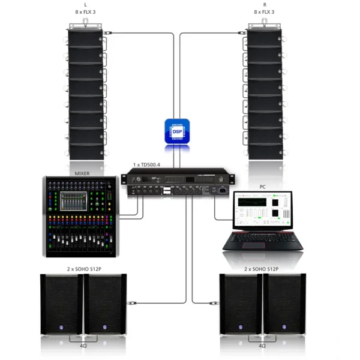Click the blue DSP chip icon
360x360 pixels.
point(177,131)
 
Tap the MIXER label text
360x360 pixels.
point(82,173)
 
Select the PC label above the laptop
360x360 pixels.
point(262,187)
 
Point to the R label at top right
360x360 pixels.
point(265,4)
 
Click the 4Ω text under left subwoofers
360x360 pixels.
point(83,346)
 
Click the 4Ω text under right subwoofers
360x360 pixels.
point(262,346)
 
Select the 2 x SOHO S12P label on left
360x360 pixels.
point(84,269)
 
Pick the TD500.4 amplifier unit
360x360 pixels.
point(177,183)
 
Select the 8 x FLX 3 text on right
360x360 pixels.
point(265,11)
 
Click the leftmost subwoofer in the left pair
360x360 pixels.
point(61,305)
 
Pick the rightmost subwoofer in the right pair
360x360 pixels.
point(285,305)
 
